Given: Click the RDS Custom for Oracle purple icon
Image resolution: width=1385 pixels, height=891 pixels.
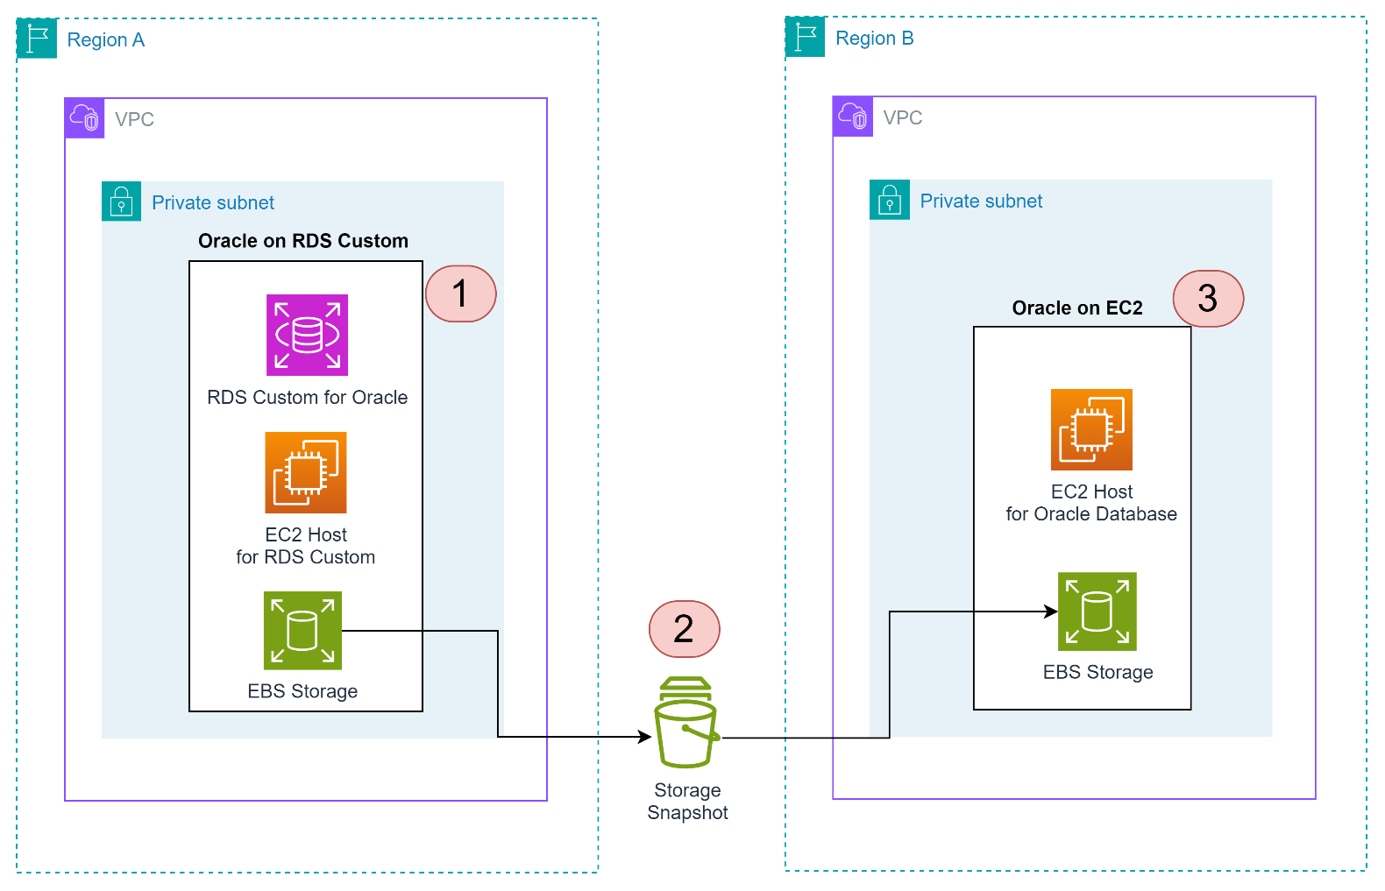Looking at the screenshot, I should click(307, 335).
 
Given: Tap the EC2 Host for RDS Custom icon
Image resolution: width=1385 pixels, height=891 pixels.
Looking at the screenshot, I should click(306, 472).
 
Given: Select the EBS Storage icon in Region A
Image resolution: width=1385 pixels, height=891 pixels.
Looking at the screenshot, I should click(302, 631).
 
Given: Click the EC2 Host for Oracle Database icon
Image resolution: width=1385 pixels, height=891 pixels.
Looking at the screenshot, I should click(1091, 429).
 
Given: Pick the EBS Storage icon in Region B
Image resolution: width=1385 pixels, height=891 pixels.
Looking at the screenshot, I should click(1097, 612).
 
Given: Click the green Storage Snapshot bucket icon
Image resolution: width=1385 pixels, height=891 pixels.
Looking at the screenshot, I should click(686, 723).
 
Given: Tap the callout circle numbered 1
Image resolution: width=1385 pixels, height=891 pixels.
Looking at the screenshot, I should click(460, 293).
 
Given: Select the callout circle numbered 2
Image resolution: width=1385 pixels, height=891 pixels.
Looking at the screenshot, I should click(684, 628).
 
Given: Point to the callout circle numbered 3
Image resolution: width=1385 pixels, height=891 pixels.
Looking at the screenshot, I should click(1208, 299).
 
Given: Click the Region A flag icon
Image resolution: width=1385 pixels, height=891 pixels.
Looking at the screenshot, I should click(37, 39).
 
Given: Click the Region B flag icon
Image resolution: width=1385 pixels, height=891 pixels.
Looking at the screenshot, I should click(805, 38).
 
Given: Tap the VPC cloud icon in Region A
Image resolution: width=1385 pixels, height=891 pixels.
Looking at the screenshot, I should click(85, 118).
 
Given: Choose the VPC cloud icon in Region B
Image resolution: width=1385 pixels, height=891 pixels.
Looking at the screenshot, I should click(853, 117).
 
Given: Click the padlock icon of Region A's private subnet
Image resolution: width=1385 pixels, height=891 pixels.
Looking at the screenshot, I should click(121, 202).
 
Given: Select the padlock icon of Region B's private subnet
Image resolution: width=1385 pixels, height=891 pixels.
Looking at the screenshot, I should click(890, 200).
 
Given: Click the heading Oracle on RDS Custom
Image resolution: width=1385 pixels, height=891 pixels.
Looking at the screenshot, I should click(303, 241).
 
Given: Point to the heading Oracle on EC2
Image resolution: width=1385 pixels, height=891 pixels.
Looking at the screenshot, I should click(1077, 308).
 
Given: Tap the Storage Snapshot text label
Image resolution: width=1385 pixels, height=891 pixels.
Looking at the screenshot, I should click(687, 802).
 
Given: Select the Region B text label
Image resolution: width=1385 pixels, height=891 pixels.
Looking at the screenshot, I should click(874, 39).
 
